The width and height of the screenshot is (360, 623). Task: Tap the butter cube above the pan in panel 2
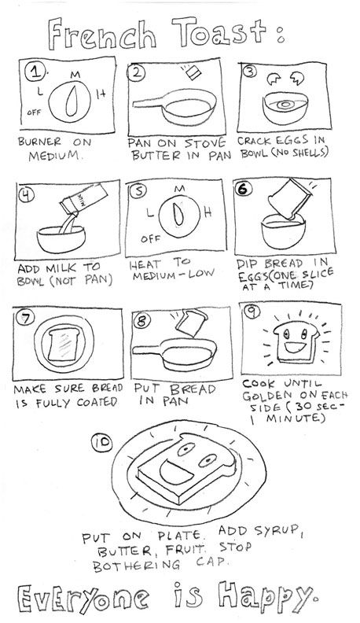[x=193, y=73]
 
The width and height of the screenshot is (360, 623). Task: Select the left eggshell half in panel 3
[x=274, y=79]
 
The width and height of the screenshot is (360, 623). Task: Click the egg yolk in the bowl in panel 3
[x=285, y=105]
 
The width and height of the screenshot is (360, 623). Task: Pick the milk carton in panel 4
[x=83, y=198]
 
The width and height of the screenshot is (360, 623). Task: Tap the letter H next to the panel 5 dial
[x=208, y=212]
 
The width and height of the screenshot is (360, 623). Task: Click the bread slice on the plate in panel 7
[x=63, y=343]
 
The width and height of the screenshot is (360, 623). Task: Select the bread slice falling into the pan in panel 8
[x=190, y=323]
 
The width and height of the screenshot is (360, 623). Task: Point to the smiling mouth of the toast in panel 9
[x=293, y=348]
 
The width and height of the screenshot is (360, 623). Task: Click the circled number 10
[x=102, y=443]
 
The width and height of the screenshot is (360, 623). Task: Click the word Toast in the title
[x=219, y=32]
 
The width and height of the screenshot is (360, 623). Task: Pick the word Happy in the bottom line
[x=266, y=597]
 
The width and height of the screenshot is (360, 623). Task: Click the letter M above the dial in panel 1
[x=75, y=74]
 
